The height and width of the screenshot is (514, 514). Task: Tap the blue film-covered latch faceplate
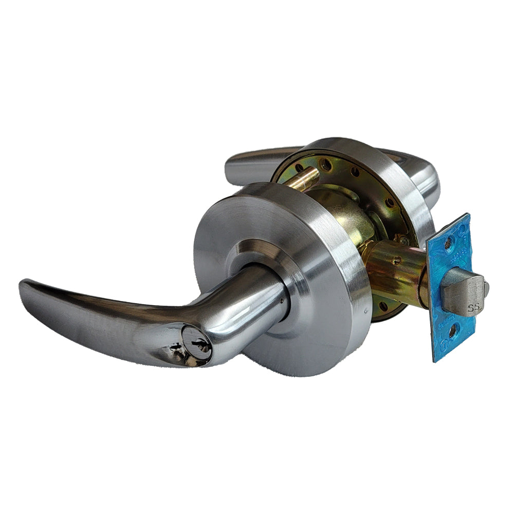point(447,267)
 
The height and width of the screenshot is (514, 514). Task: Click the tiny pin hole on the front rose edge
point(364,310)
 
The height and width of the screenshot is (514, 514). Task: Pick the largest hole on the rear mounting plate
point(325,165)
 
